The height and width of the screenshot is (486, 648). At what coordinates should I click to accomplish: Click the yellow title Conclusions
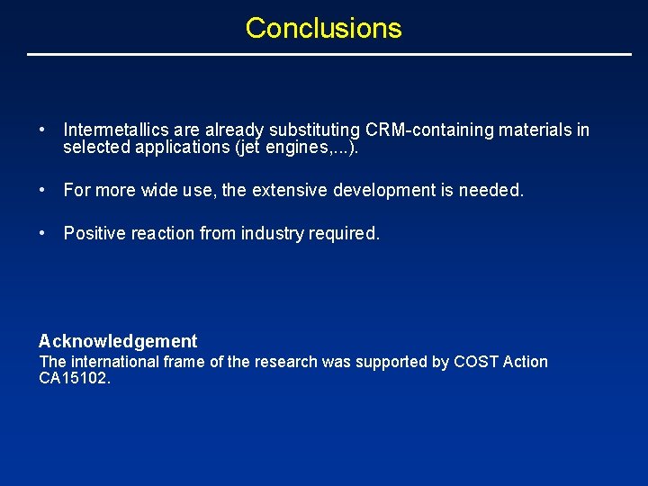323,28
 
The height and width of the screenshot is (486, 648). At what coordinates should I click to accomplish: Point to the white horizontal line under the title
329,55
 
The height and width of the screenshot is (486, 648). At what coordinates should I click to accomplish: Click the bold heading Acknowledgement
118,341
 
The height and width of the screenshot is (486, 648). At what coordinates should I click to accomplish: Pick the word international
109,362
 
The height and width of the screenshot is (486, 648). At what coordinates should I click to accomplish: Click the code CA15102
75,379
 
